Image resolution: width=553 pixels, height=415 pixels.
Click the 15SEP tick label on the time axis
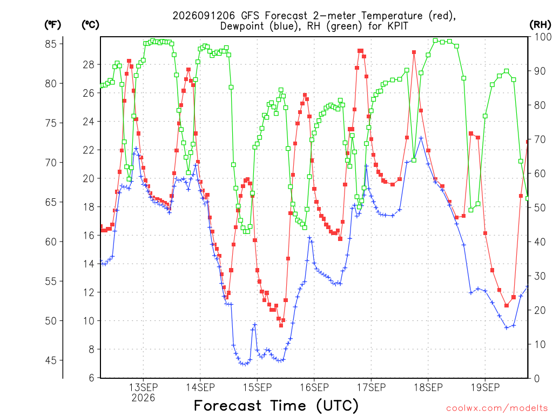point(257,387)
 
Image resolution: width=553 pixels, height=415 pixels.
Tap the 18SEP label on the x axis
point(428,387)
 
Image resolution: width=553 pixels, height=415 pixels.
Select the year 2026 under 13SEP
point(143,398)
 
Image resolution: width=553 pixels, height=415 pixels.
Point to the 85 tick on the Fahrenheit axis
point(51,44)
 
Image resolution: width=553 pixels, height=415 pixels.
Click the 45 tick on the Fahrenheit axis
point(51,360)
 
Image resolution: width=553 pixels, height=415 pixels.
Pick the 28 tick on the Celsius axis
point(89,65)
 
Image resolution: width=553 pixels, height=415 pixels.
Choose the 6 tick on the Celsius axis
point(92,378)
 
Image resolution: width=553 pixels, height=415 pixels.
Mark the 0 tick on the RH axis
point(537,379)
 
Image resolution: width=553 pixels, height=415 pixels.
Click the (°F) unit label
point(52,25)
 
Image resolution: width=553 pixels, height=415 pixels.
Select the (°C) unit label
point(90,25)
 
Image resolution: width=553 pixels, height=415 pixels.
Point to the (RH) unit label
point(540,24)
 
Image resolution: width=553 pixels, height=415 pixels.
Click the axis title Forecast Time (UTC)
point(276,406)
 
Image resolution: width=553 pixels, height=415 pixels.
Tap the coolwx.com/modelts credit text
point(497,409)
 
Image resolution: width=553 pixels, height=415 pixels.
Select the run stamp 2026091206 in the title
point(204,16)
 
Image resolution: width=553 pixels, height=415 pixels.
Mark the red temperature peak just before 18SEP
point(414,52)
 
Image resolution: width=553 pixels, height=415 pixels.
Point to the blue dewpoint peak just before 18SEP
point(421,138)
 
